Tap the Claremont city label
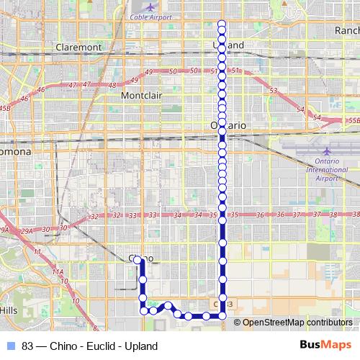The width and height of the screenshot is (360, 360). [78, 47]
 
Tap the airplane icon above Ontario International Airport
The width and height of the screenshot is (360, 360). [327, 153]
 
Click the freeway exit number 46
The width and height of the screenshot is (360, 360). [41, 90]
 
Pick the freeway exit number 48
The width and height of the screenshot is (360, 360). [112, 85]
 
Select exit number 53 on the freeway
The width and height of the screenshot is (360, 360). [273, 91]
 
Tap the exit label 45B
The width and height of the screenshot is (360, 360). [5, 107]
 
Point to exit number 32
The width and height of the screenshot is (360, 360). [94, 216]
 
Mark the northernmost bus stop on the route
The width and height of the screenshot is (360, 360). [222, 23]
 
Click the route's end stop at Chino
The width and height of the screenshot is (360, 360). [137, 258]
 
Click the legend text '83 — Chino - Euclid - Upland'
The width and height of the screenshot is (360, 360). [89, 346]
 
